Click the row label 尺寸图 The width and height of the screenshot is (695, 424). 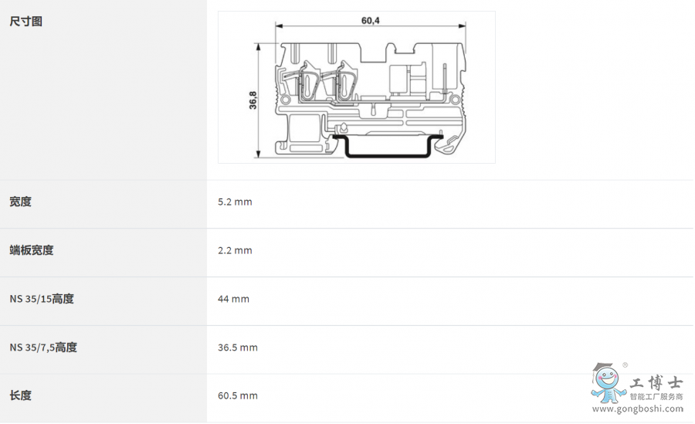tap(25, 22)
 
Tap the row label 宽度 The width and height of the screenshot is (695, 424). tap(20, 202)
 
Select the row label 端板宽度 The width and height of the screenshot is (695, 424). tap(32, 250)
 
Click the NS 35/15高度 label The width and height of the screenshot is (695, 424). tap(42, 299)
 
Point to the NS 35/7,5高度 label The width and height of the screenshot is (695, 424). tap(43, 348)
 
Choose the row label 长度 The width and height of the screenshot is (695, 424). tap(20, 395)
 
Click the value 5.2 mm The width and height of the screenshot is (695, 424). tap(235, 202)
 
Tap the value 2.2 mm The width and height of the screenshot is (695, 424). tap(235, 250)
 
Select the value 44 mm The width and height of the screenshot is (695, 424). tap(233, 299)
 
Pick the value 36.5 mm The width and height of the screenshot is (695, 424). tap(238, 348)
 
